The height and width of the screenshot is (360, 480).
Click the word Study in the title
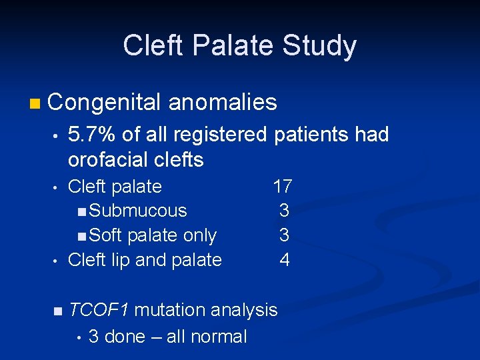pyautogui.click(x=320, y=47)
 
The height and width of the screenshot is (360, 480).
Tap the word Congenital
pyautogui.click(x=104, y=102)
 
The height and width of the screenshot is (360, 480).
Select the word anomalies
pyautogui.click(x=223, y=102)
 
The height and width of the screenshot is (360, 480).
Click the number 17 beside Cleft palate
pyautogui.click(x=282, y=186)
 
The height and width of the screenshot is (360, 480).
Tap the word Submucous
pyautogui.click(x=137, y=211)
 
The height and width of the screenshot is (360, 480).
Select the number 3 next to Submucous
pyautogui.click(x=285, y=211)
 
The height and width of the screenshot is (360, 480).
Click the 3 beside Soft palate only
pyautogui.click(x=285, y=235)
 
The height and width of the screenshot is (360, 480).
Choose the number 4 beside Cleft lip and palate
pyautogui.click(x=285, y=259)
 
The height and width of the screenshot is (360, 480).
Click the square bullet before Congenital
pyautogui.click(x=35, y=103)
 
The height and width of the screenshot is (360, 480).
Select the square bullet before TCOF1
pyautogui.click(x=58, y=311)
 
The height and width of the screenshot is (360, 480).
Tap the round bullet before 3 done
pyautogui.click(x=78, y=337)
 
